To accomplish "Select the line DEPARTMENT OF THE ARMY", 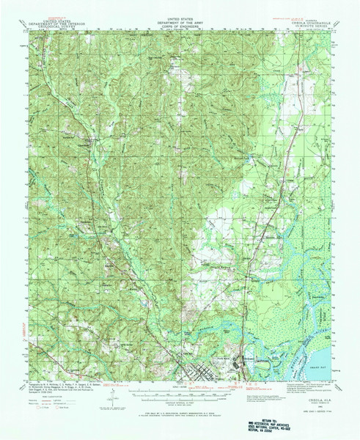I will click(x=180, y=23).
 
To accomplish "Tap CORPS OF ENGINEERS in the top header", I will click(x=180, y=26).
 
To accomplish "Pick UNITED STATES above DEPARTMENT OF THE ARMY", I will click(x=180, y=18).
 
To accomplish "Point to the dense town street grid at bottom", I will click(x=198, y=370).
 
